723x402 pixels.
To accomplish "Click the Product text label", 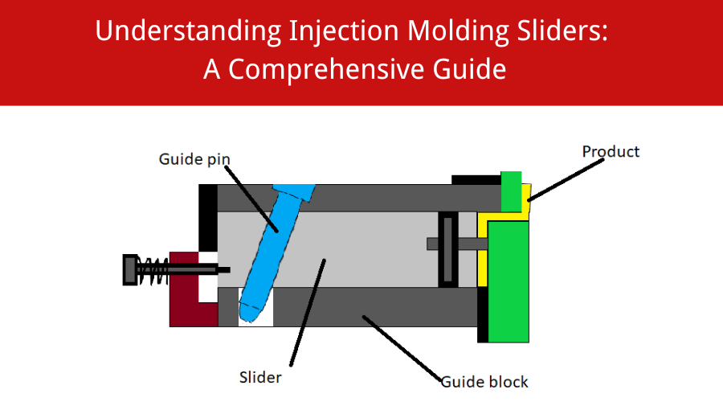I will click(x=611, y=151).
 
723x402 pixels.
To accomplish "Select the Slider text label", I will click(x=260, y=377).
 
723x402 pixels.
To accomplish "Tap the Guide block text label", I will click(x=484, y=380).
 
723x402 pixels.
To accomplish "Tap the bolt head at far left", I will click(x=129, y=269).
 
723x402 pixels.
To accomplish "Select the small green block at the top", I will click(x=511, y=191).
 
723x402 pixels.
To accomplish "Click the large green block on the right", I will click(x=508, y=281).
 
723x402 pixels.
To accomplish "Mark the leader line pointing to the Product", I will click(x=566, y=177).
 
